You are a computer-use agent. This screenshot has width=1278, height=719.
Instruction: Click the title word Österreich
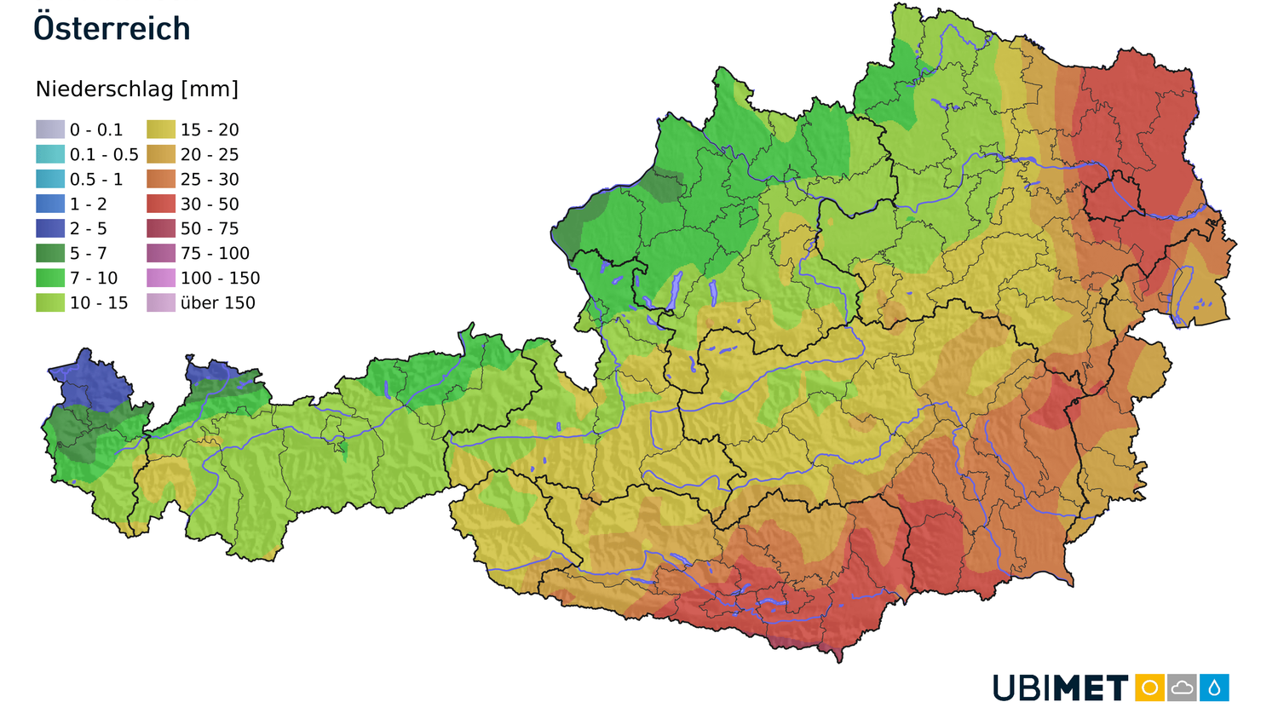pyautogui.click(x=112, y=29)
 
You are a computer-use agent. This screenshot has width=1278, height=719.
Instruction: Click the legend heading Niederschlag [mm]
pyautogui.click(x=137, y=89)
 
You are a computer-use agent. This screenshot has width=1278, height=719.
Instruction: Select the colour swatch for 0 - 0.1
pyautogui.click(x=50, y=129)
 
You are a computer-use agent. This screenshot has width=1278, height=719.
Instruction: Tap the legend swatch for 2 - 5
pyautogui.click(x=50, y=228)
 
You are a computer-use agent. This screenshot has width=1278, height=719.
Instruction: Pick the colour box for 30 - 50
pyautogui.click(x=161, y=204)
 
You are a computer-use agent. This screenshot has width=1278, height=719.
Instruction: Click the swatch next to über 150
pyautogui.click(x=161, y=302)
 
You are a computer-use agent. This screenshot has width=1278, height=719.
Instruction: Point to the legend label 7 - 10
pyautogui.click(x=94, y=278)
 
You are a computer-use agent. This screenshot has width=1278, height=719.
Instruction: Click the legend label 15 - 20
pyautogui.click(x=210, y=129)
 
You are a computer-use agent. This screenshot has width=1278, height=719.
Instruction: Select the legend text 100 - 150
pyautogui.click(x=220, y=278)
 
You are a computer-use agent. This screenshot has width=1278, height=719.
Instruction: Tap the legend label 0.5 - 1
pyautogui.click(x=96, y=179)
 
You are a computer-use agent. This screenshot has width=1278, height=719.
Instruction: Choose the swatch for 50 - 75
pyautogui.click(x=161, y=228)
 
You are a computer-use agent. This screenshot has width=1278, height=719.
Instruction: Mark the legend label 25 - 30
pyautogui.click(x=210, y=179)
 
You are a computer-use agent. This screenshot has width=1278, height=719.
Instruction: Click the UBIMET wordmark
pyautogui.click(x=1061, y=688)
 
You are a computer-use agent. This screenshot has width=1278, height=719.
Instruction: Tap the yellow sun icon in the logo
pyautogui.click(x=1149, y=687)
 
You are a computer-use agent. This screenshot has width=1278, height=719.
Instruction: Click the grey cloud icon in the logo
pyautogui.click(x=1182, y=687)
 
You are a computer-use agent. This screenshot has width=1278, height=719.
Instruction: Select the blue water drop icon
pyautogui.click(x=1214, y=687)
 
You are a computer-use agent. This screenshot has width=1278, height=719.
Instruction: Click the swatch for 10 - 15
pyautogui.click(x=50, y=302)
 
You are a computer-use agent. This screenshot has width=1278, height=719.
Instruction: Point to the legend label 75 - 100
pyautogui.click(x=215, y=253)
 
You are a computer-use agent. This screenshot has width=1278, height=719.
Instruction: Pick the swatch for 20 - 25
pyautogui.click(x=161, y=154)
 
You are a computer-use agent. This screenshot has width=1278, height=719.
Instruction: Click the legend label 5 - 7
pyautogui.click(x=89, y=253)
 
